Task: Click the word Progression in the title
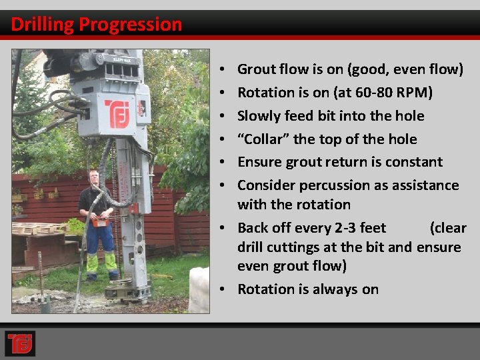(x=130, y=25)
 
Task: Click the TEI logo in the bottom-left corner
(x=19, y=343)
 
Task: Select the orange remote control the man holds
(x=100, y=221)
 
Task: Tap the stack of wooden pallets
(x=37, y=229)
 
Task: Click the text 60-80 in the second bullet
(x=372, y=92)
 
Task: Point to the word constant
(x=414, y=162)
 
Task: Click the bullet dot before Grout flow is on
(x=221, y=69)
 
